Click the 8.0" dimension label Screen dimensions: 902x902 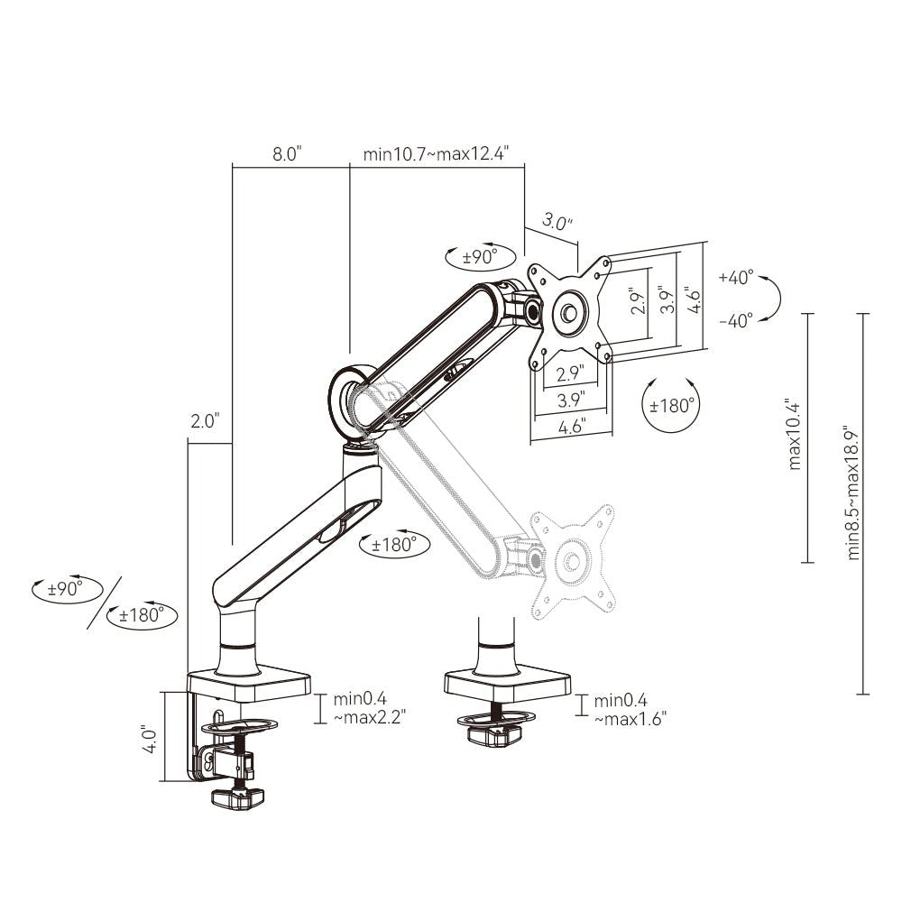click(x=287, y=154)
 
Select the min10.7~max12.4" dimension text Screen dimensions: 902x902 click(x=436, y=154)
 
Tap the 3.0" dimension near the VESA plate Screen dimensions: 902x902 click(x=557, y=222)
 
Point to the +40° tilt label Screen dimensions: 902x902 click(x=736, y=277)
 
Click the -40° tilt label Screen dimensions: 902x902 click(x=736, y=320)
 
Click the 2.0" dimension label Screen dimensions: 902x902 click(x=206, y=421)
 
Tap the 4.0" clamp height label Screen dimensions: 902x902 click(x=150, y=740)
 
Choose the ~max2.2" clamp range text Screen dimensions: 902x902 click(x=370, y=717)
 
